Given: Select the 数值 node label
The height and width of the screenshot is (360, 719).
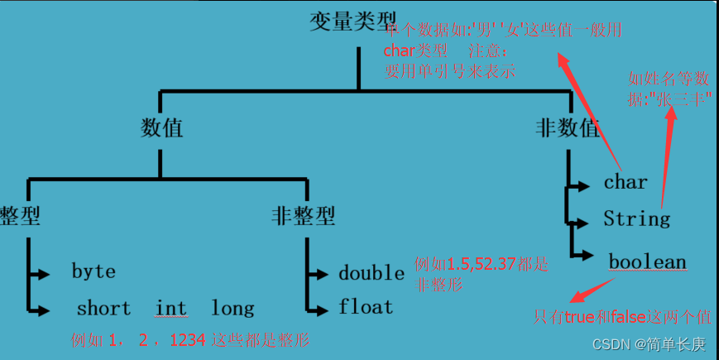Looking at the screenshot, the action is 161,128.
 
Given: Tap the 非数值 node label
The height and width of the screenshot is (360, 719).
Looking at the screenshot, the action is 568,128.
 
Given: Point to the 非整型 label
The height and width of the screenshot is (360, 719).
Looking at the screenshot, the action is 303,216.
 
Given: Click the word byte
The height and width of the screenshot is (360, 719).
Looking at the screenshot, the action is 93,271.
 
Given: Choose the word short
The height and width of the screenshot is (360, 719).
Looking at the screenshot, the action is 103,309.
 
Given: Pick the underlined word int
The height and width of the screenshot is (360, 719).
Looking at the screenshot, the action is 171,309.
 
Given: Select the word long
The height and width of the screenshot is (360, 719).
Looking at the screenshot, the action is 232,309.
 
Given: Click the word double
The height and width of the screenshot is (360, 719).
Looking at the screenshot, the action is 371,273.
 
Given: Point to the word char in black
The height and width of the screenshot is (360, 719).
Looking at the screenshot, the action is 626,182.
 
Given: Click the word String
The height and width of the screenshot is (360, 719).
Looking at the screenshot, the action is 636,219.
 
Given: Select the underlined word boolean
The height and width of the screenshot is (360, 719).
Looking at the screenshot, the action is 648,263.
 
